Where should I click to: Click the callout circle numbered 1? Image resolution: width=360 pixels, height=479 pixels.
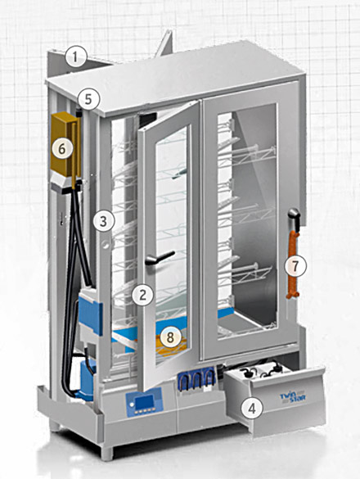(75, 57)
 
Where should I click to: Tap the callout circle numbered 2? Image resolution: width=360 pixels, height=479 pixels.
(142, 295)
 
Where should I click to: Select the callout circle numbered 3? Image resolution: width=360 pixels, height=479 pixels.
(104, 220)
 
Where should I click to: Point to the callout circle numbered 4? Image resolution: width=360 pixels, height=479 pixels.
(252, 409)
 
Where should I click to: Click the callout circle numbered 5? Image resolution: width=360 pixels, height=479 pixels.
(88, 99)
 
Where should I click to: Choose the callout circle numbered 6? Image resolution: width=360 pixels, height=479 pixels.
(62, 149)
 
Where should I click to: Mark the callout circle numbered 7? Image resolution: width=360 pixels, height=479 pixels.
(295, 266)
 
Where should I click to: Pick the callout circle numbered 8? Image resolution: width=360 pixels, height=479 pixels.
(170, 337)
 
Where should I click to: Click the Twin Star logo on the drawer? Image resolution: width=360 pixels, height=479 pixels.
(293, 397)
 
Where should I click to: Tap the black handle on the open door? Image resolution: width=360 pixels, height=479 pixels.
(160, 258)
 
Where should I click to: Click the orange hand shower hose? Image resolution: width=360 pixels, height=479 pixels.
(293, 264)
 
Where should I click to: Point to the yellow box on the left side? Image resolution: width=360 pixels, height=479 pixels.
(65, 144)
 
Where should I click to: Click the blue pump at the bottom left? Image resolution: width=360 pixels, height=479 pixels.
(87, 379)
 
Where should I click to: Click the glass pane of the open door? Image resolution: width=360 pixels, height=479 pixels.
(171, 244)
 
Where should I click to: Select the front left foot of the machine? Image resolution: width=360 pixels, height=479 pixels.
(106, 453)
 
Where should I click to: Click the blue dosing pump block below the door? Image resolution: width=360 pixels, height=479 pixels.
(196, 379)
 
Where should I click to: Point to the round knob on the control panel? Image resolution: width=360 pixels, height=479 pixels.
(132, 404)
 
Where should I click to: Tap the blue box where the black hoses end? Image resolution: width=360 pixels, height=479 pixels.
(91, 312)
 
